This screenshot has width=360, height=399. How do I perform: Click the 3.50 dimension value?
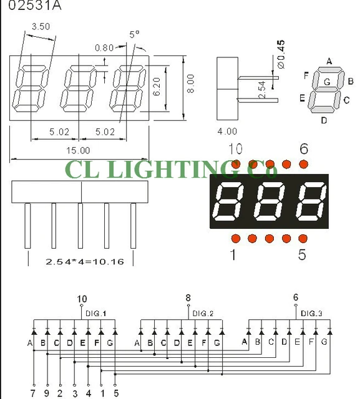(41, 27)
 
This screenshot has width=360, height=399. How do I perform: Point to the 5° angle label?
(134, 35)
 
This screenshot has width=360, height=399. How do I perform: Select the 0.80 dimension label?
(105, 47)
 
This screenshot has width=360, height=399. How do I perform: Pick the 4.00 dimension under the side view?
(227, 131)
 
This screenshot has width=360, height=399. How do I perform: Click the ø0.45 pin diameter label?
(280, 54)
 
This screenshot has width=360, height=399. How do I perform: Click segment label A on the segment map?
(328, 61)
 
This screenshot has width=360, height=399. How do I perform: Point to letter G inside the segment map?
(327, 82)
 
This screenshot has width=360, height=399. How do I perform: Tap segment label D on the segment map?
(323, 120)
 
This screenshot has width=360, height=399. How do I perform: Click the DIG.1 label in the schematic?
(97, 313)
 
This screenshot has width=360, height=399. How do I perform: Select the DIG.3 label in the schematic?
(311, 313)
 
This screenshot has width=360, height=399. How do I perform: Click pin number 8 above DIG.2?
(188, 299)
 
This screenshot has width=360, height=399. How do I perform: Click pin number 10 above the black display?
(235, 148)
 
